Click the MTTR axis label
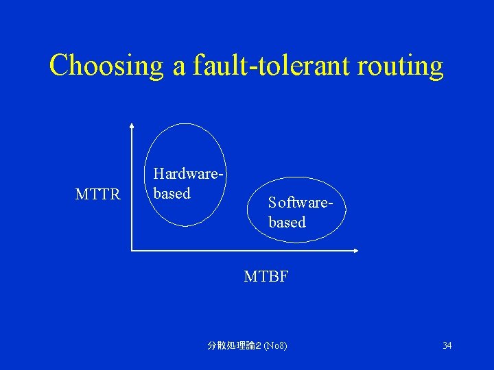(x=97, y=195)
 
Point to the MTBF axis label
(x=266, y=277)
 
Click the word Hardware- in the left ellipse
(x=189, y=175)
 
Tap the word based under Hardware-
(x=172, y=194)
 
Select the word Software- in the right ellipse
(x=305, y=203)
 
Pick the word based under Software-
(x=287, y=222)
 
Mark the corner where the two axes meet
(x=131, y=251)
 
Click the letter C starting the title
(x=59, y=66)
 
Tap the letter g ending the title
(x=436, y=70)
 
